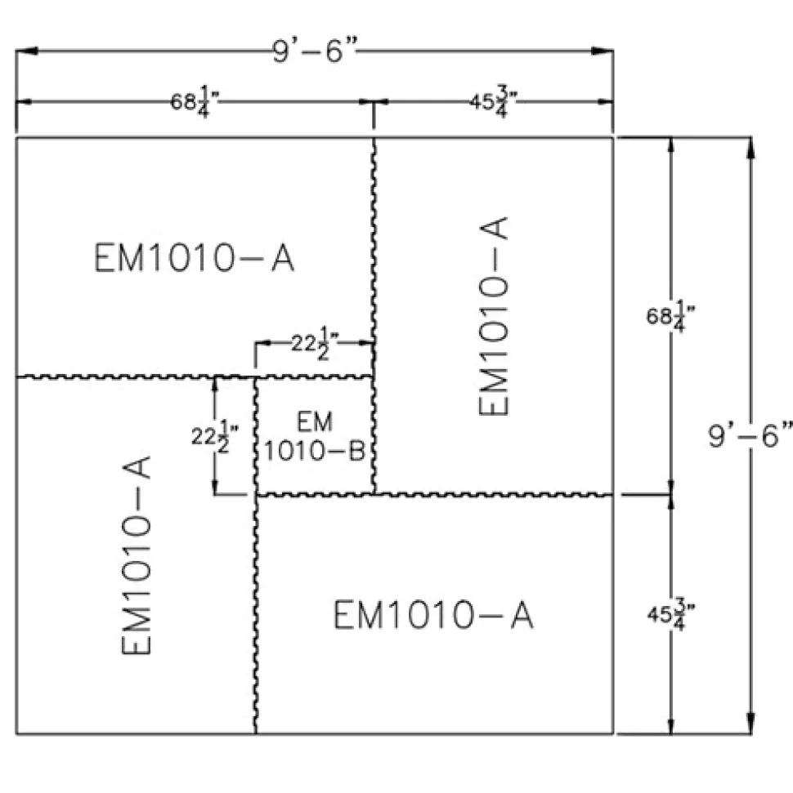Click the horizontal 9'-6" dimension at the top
315,51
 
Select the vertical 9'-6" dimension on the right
750,435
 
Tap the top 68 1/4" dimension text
195,101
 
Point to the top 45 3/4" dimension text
493,101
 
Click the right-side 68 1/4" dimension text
670,316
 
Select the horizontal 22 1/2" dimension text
315,344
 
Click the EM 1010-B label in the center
315,436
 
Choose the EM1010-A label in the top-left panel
195,258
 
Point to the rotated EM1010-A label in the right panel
493,316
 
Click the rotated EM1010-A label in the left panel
137,555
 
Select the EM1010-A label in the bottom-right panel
433,615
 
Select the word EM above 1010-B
315,421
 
